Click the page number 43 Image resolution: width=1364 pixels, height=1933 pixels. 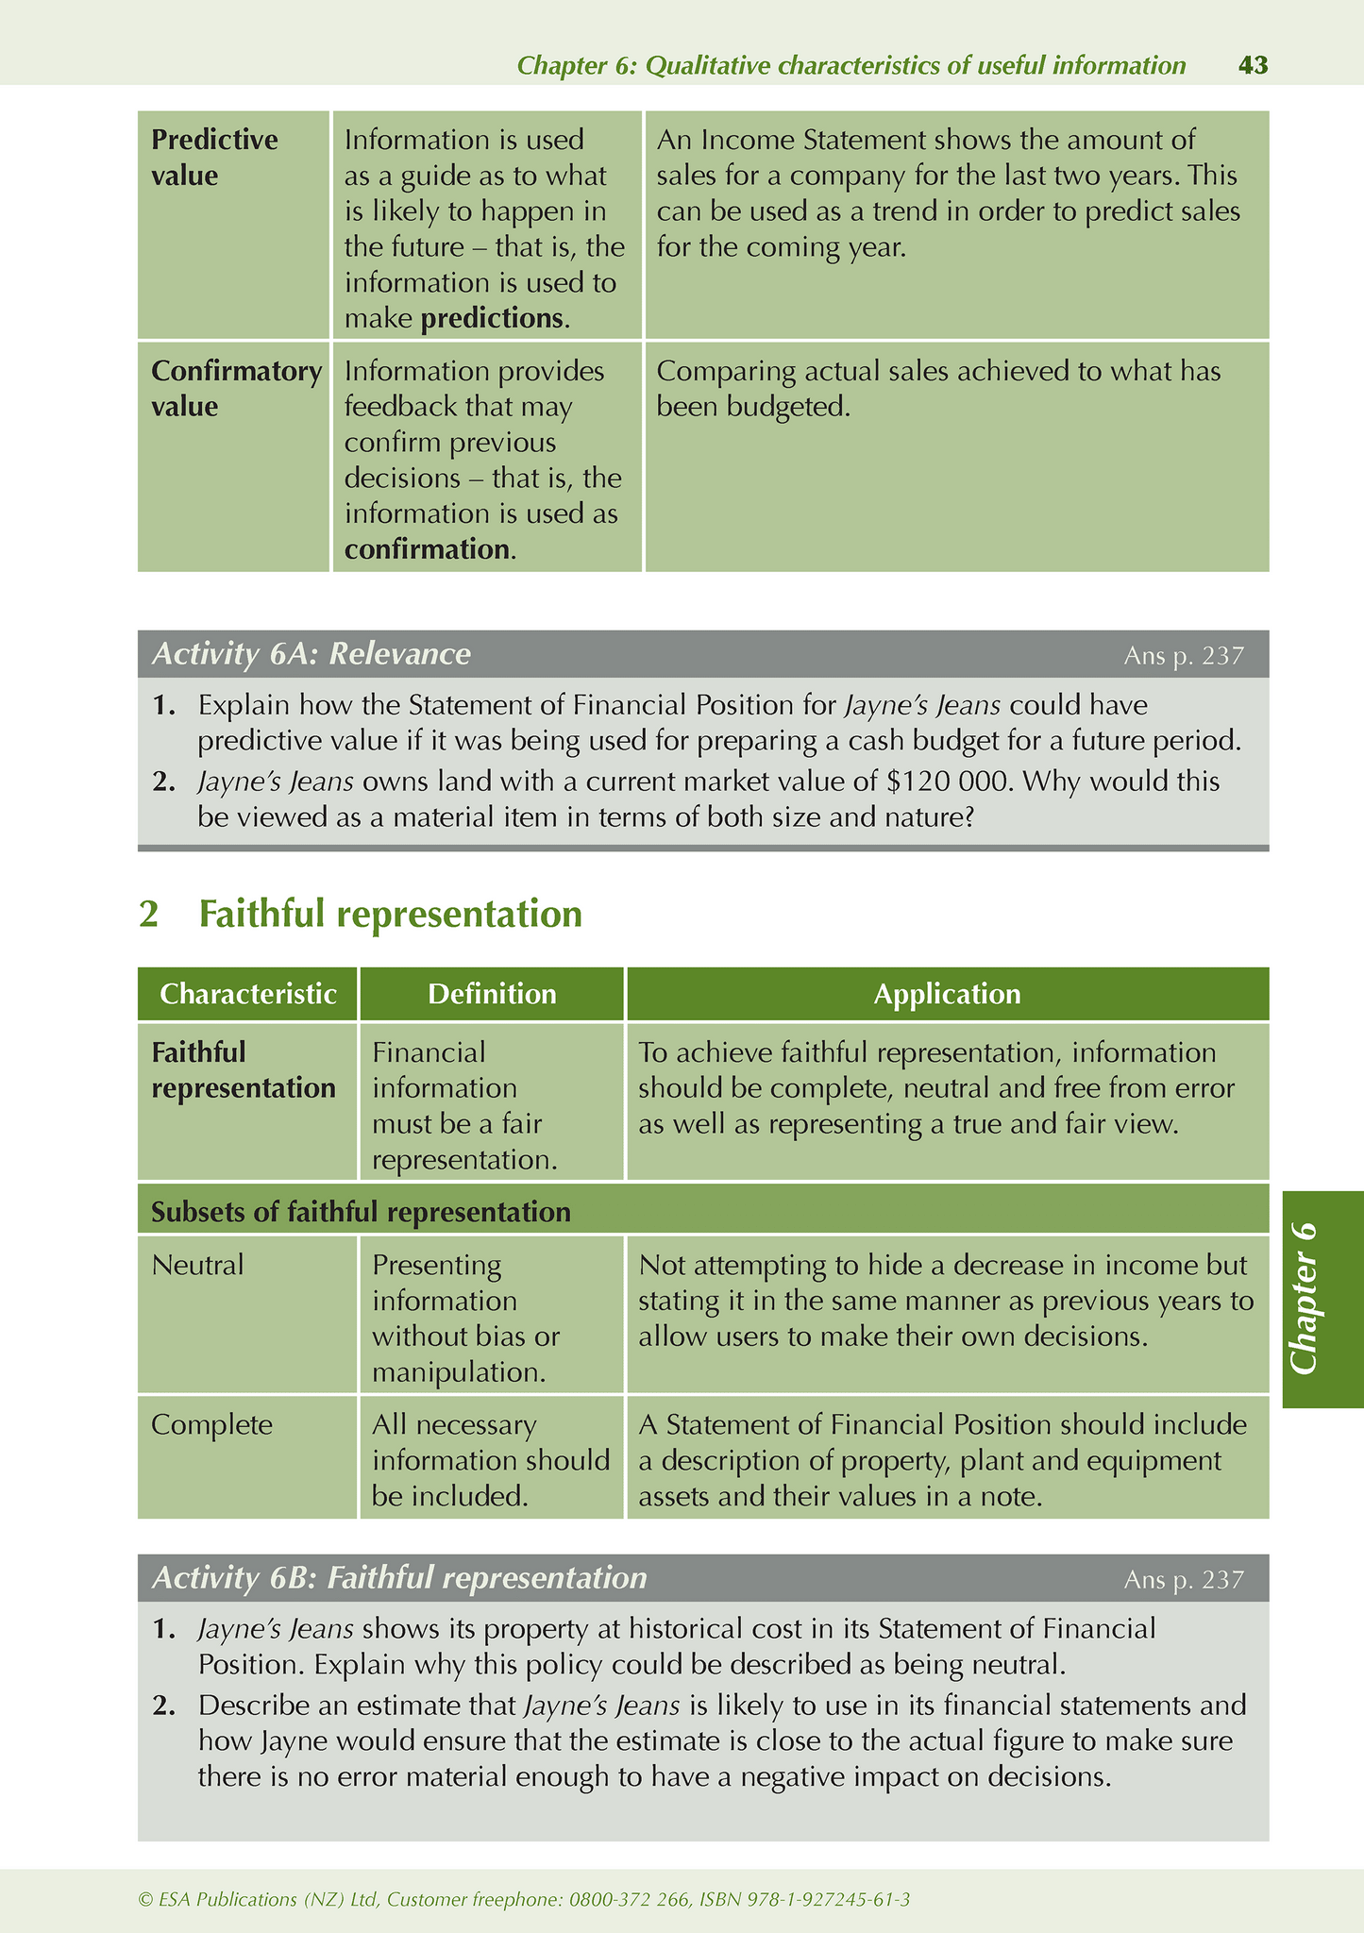(1252, 65)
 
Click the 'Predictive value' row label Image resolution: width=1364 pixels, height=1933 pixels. (214, 158)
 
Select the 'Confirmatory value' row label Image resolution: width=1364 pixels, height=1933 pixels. (236, 389)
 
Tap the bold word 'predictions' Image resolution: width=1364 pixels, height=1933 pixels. (491, 318)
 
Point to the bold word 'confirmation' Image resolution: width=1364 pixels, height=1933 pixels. (427, 549)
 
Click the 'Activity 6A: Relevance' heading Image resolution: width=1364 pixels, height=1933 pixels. (312, 654)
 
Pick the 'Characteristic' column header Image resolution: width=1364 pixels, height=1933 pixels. (248, 994)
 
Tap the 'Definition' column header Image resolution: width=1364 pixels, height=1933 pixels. (492, 994)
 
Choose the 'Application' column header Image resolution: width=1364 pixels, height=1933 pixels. (947, 994)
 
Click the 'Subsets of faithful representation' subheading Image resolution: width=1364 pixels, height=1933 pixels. (361, 1212)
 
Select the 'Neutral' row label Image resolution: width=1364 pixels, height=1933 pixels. (197, 1265)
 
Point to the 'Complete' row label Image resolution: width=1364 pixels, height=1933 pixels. (211, 1424)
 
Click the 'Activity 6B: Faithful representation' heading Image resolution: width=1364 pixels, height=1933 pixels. (399, 1578)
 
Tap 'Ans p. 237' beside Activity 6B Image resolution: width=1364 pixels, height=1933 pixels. (1184, 1580)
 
